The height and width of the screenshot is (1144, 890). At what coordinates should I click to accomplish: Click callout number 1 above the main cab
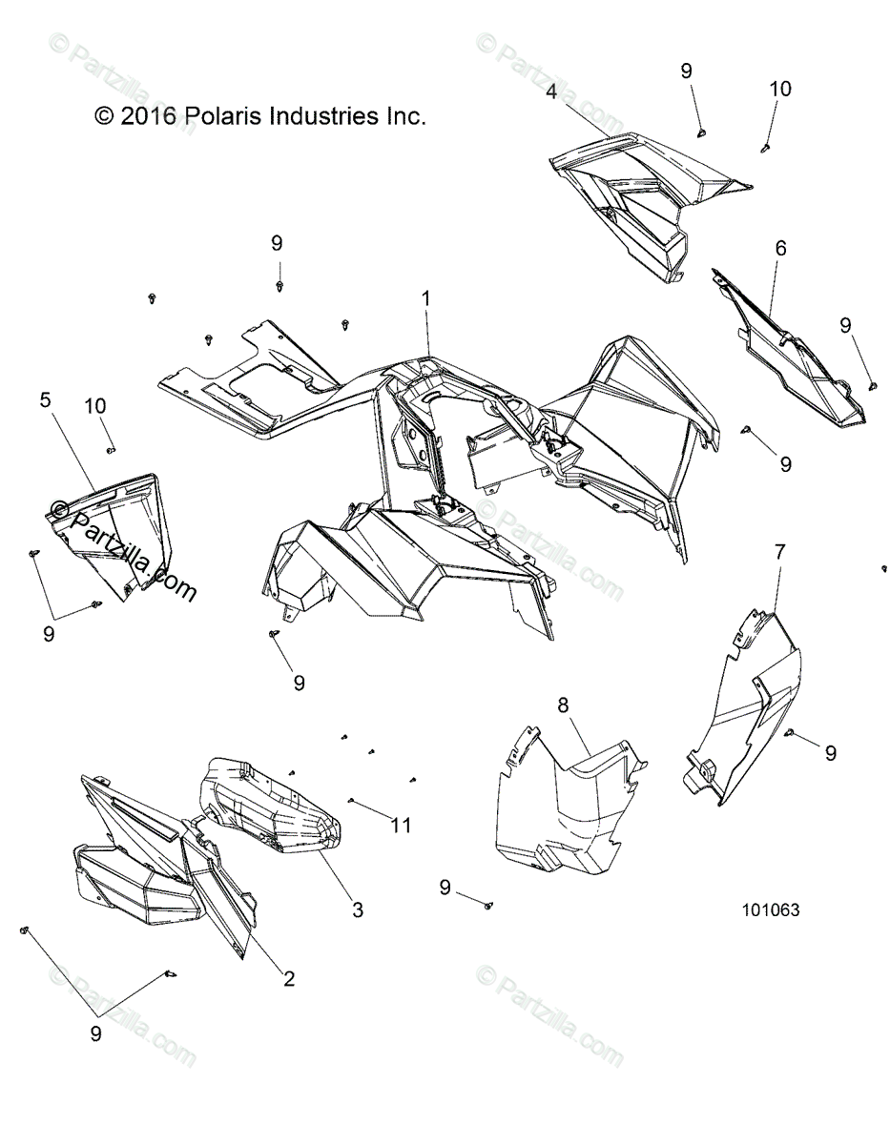tap(426, 298)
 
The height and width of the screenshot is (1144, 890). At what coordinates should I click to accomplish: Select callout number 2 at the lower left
tap(287, 978)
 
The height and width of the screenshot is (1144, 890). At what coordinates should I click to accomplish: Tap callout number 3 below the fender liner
tap(358, 909)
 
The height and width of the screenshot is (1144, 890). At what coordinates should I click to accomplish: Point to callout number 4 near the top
tap(551, 92)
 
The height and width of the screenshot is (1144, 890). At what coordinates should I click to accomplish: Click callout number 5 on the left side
tap(45, 400)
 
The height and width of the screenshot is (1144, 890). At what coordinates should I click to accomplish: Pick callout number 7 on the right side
tap(779, 551)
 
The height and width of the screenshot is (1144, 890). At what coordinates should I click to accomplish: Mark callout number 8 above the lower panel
tap(563, 705)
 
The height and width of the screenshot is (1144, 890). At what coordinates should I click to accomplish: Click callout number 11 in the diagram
tap(402, 825)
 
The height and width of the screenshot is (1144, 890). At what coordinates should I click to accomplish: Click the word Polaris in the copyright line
tap(228, 116)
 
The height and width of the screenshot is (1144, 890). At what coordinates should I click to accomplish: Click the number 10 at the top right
tap(779, 89)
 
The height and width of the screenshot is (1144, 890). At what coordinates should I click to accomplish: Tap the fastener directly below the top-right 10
tap(766, 147)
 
